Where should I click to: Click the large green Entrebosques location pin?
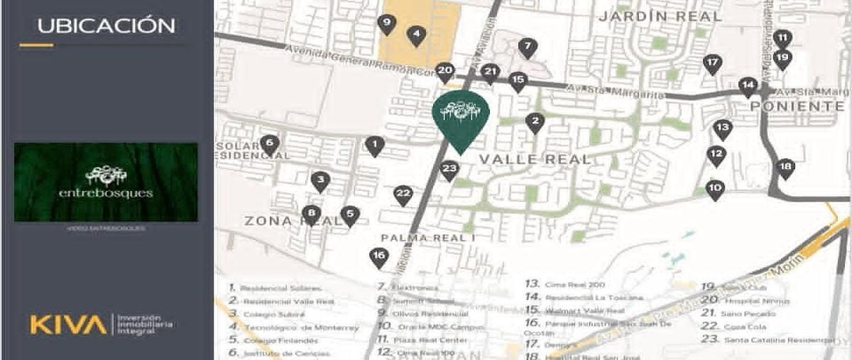click(x=460, y=114)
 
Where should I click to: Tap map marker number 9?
click(x=387, y=23)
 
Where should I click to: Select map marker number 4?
click(x=417, y=33)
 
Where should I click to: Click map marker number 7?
click(x=527, y=48)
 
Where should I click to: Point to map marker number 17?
click(x=712, y=63)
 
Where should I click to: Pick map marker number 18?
click(x=785, y=167)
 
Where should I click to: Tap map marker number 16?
click(x=380, y=256)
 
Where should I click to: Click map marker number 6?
click(x=269, y=143)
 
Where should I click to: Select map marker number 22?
click(x=403, y=194)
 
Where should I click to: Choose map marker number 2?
click(x=535, y=122)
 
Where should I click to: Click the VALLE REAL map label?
click(x=535, y=159)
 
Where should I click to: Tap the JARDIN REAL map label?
click(x=660, y=16)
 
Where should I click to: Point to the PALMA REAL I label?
click(x=427, y=237)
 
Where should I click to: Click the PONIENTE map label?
click(x=797, y=107)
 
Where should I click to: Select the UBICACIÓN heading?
click(x=106, y=26)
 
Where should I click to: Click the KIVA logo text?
click(x=67, y=325)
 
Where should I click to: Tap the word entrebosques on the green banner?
click(x=106, y=192)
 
